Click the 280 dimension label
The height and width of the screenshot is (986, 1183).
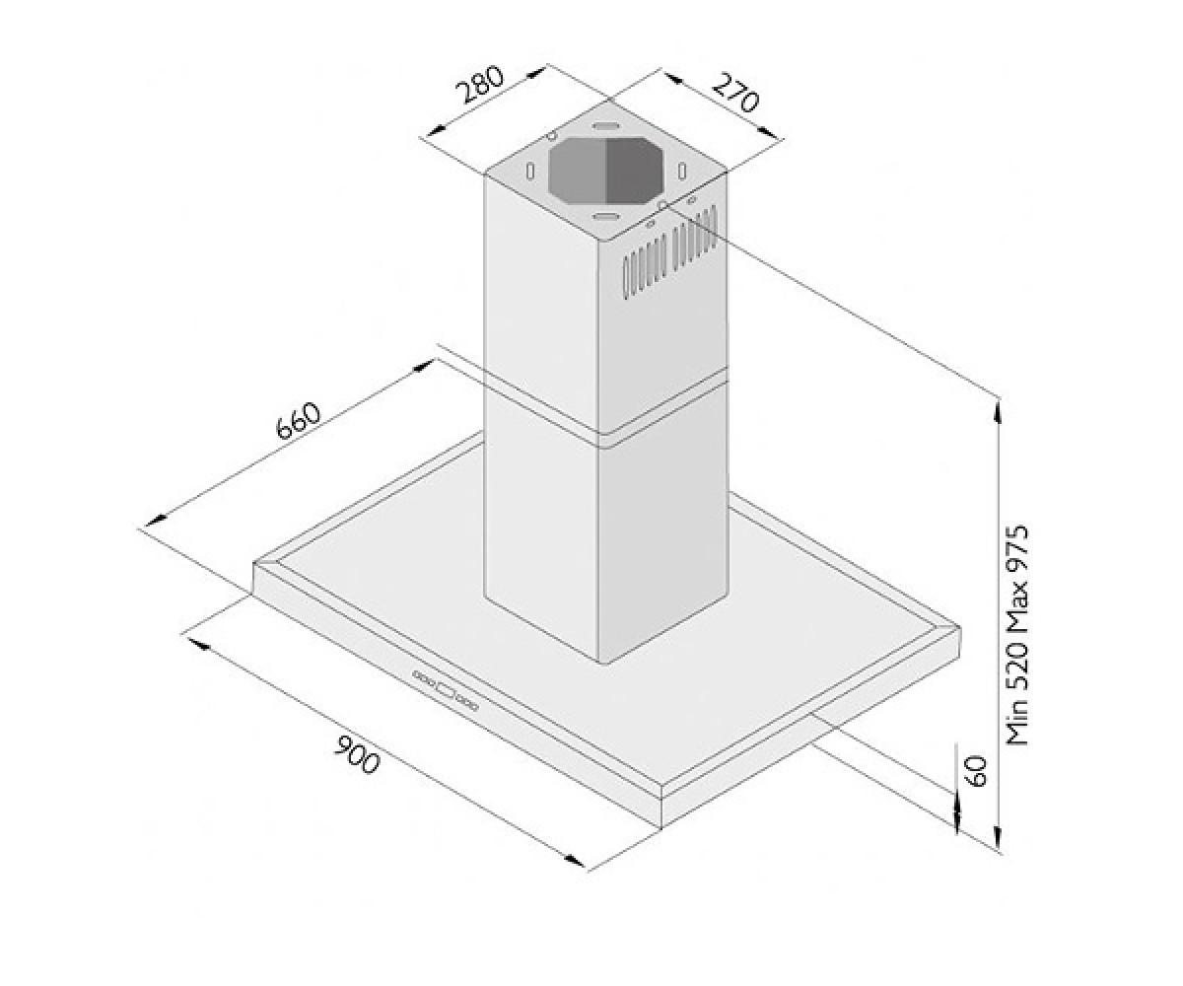point(480,86)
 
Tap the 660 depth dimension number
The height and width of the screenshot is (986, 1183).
point(298,420)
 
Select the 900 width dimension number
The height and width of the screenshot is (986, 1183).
point(357,754)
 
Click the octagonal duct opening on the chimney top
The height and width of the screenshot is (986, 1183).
point(606,170)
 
